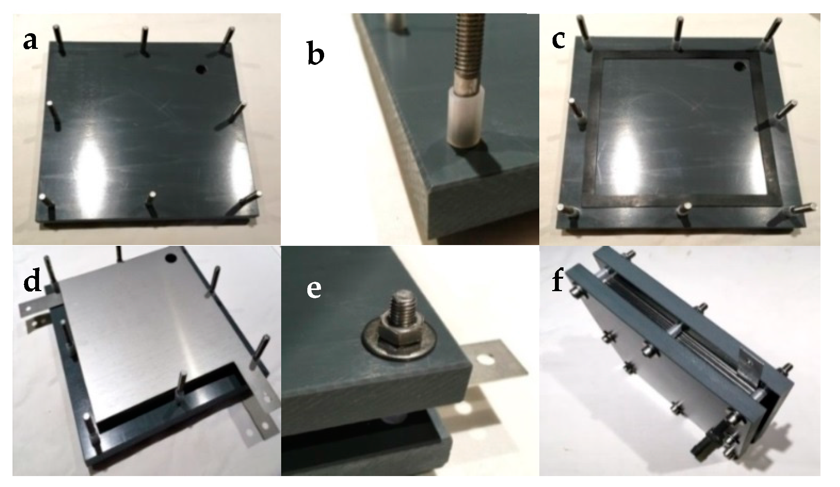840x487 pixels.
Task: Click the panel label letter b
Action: [x=316, y=54]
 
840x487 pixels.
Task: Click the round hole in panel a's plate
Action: [x=201, y=69]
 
